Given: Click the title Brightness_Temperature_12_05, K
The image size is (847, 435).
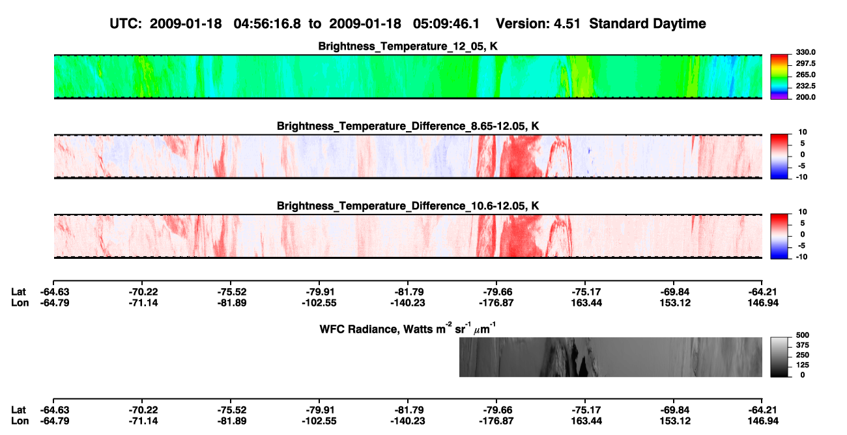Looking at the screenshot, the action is (408, 46).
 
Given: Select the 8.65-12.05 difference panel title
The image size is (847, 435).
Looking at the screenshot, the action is (408, 126).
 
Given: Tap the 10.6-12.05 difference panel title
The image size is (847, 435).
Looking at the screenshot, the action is (408, 206).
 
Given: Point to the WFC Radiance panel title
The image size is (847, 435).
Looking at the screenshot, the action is (408, 328).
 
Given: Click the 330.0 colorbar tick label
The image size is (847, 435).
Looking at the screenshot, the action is (805, 52).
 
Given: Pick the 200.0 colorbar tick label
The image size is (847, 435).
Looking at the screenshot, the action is (805, 97).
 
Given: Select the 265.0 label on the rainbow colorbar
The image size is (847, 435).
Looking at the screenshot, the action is (805, 74).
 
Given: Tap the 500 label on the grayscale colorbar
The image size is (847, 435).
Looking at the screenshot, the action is (803, 335).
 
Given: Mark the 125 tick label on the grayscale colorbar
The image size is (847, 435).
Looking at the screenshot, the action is (803, 365).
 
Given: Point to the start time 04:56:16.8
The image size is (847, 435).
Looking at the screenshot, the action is (267, 24).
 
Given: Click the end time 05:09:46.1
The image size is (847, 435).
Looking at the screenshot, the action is (446, 24).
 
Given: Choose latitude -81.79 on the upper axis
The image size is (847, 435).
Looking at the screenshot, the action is (408, 292).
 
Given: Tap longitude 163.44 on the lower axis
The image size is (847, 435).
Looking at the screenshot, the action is (586, 421).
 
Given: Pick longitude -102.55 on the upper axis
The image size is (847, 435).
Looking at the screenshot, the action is (319, 303).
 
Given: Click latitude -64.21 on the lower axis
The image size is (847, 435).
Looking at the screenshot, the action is (762, 410).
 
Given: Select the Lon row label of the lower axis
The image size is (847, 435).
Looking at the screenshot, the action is (20, 421).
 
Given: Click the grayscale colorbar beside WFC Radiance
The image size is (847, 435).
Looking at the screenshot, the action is (779, 357).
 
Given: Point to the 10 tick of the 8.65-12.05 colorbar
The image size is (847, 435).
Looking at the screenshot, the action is (803, 132).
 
